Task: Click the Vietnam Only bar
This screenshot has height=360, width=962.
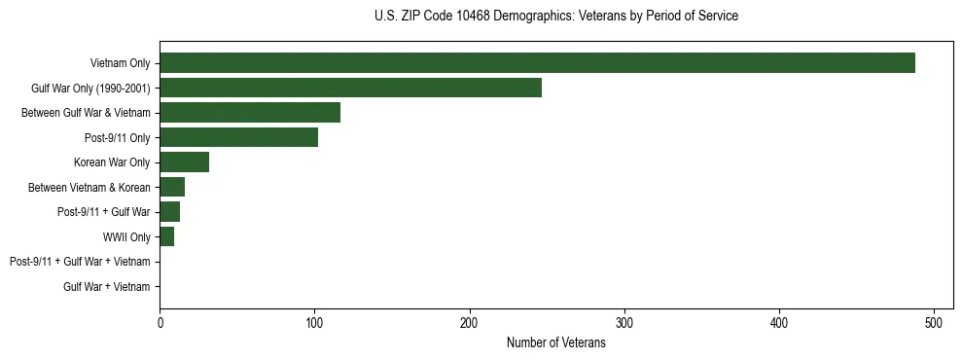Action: point(537,62)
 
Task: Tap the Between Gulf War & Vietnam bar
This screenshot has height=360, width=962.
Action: point(250,112)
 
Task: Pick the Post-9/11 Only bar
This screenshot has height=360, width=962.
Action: point(238,137)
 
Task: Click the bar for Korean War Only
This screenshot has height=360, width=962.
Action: point(184,162)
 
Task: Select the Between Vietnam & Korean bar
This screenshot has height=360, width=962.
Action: point(172,187)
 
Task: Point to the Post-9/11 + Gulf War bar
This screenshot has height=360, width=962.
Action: point(169,212)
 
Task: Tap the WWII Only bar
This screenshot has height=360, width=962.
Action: point(166,236)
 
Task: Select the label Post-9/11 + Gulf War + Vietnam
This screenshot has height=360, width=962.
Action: point(80,262)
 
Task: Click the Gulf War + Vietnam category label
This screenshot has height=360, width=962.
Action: point(106,287)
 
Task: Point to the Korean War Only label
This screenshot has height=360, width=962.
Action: point(112,162)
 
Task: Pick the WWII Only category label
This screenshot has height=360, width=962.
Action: point(126,236)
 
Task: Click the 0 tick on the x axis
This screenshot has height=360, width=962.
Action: point(160,322)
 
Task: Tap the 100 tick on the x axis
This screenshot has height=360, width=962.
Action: point(314,322)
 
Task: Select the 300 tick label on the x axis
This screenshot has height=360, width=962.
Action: point(624,322)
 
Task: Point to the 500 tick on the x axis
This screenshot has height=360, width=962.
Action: point(934,322)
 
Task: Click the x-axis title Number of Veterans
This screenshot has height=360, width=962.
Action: point(555,342)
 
